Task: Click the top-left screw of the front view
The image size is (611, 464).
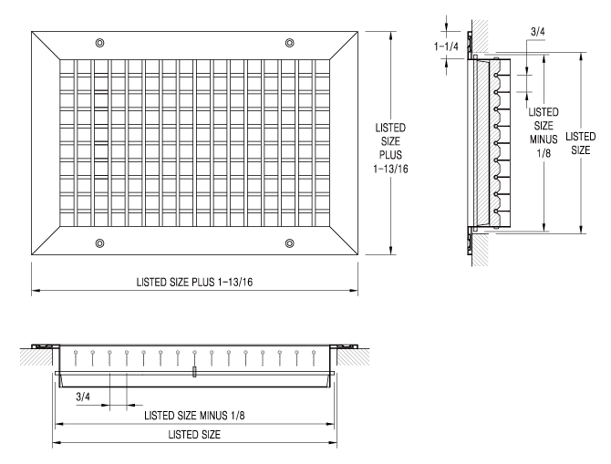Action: [99, 43]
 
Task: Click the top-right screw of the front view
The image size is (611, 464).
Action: [289, 43]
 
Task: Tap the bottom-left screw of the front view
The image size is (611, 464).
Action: [99, 243]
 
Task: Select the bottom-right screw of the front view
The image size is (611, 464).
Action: [289, 243]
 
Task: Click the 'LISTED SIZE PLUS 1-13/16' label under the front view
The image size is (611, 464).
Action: [194, 282]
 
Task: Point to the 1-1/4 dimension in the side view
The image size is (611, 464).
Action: [446, 46]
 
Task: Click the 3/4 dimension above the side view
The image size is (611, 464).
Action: [538, 32]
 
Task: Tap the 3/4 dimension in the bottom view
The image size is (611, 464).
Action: [83, 397]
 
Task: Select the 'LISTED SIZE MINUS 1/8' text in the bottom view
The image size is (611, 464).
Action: [194, 416]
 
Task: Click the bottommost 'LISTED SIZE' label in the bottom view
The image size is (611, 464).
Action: [194, 435]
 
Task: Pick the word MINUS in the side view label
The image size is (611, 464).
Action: [544, 139]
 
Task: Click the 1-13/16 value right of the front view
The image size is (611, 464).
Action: [391, 169]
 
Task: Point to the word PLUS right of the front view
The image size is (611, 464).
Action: [391, 155]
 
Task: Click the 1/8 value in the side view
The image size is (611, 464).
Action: [544, 153]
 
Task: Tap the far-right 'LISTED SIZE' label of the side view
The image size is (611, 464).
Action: [581, 143]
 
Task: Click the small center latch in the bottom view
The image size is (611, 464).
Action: [194, 372]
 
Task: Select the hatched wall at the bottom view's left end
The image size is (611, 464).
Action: [36, 356]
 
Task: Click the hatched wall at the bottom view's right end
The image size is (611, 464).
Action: [354, 356]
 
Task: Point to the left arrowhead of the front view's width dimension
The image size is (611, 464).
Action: [36, 290]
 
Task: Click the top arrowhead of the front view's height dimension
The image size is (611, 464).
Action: [391, 36]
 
